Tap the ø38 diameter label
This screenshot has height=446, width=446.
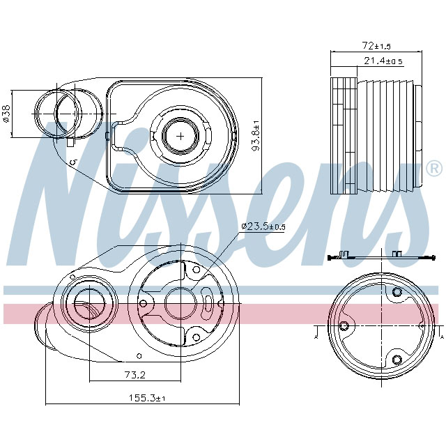(x=6, y=113)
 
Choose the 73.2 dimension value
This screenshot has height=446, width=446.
(x=134, y=375)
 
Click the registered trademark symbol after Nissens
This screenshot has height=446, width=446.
(x=433, y=168)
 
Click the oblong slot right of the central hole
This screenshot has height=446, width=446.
(x=209, y=303)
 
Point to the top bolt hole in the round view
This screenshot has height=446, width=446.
(x=397, y=291)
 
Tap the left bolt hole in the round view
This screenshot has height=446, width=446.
(x=343, y=325)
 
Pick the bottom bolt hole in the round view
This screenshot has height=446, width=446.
(x=397, y=359)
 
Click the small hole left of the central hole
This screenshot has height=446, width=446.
(x=143, y=303)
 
